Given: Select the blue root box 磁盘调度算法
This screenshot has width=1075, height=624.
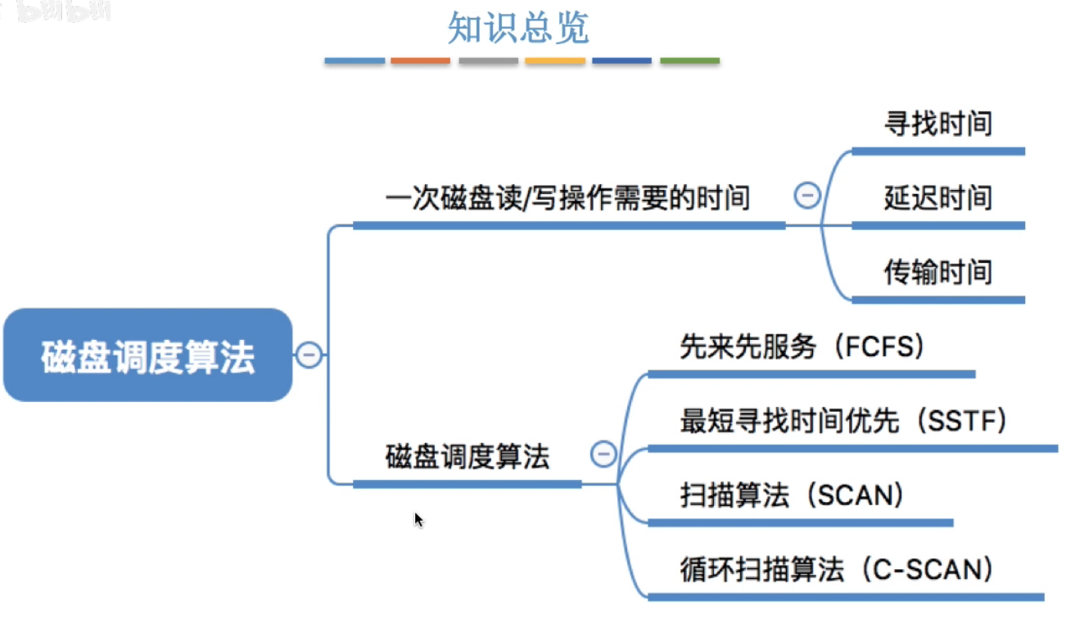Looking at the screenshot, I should click(x=148, y=355).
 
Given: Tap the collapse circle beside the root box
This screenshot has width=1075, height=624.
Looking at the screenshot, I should click(x=309, y=355).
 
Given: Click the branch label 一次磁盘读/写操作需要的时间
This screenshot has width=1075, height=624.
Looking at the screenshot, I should click(x=567, y=197).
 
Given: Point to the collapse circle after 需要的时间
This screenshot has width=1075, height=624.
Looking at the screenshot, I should click(x=806, y=196).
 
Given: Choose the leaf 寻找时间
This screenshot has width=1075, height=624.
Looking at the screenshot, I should click(x=937, y=124).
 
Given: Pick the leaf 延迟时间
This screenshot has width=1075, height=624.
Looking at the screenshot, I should click(x=937, y=198).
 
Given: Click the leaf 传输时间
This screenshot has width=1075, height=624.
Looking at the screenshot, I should click(x=937, y=272).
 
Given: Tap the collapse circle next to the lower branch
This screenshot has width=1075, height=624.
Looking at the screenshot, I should click(x=603, y=454).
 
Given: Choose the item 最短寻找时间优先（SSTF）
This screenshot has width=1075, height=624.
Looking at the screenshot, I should click(x=843, y=422).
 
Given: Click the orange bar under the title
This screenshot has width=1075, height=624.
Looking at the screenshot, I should click(x=420, y=61).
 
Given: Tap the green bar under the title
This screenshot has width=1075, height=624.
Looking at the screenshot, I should click(x=689, y=61).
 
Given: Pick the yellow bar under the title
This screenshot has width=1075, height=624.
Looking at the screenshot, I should click(x=554, y=61).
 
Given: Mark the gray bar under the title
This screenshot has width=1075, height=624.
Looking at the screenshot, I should click(x=488, y=61).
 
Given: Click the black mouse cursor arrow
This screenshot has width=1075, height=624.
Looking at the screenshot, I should click(x=418, y=519).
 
